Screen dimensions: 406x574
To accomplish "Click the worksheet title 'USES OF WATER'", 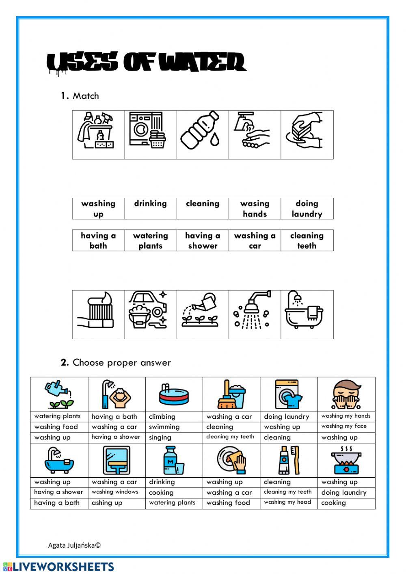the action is [146, 63].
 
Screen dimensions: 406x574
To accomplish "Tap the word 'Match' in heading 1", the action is [86, 96].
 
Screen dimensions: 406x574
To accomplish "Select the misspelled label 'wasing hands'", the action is [255, 209].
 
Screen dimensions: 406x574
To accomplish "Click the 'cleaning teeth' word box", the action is [307, 240].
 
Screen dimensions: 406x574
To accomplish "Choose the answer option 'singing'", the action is [160, 438].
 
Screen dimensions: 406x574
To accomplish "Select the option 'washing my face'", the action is [344, 426].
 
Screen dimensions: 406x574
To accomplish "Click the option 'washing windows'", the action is [115, 492].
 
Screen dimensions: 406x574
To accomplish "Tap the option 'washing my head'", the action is [287, 502].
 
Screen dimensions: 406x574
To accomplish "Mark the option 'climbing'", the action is [162, 416].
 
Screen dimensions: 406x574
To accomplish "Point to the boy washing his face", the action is [346, 394].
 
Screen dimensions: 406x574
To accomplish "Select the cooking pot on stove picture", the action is [346, 461].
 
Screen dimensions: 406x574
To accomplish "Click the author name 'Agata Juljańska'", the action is [74, 545].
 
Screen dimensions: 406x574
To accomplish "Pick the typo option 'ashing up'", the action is [107, 503].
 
